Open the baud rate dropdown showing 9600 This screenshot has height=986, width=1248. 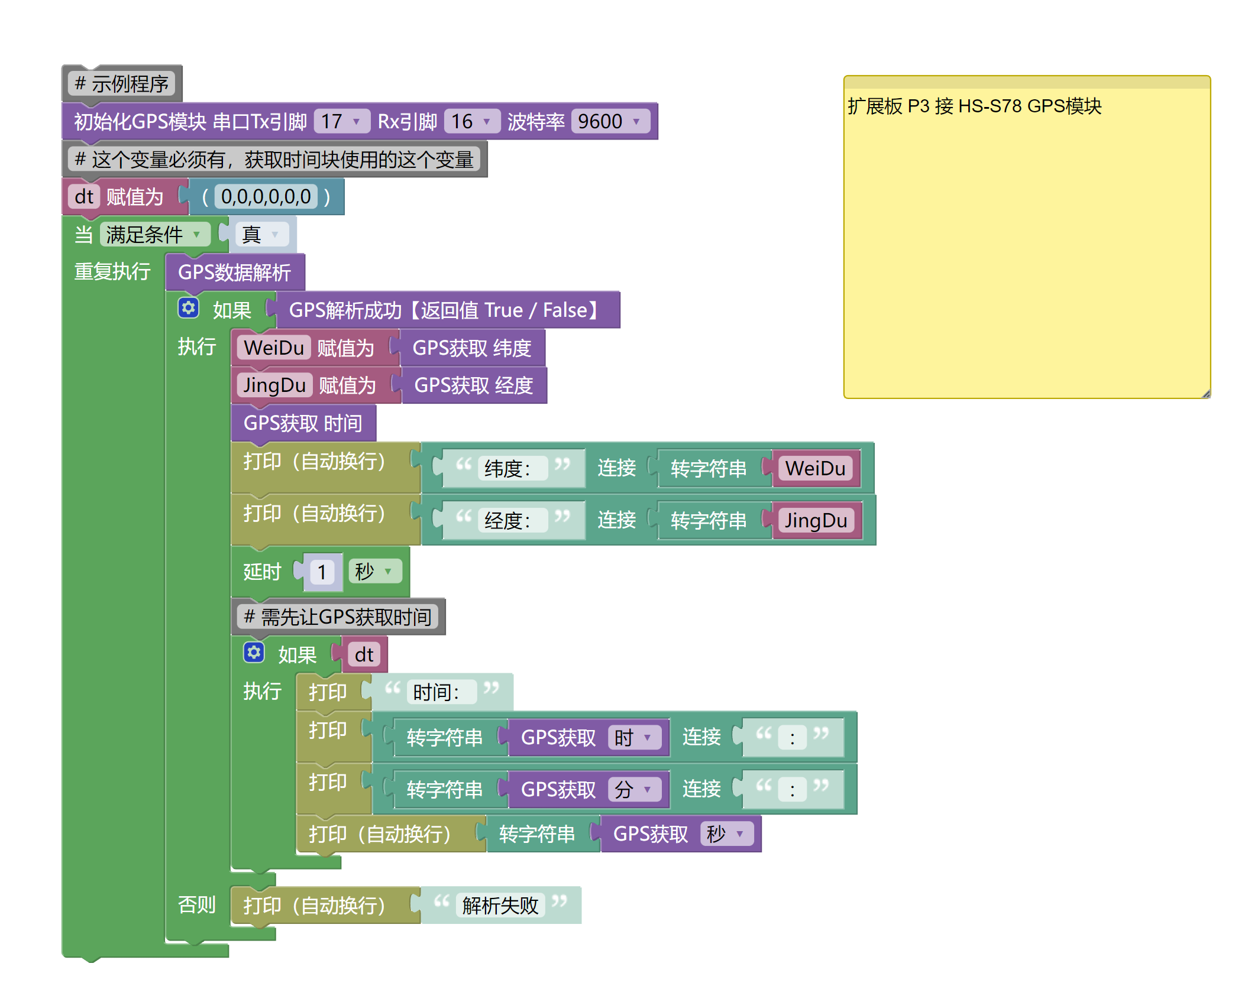[x=610, y=122]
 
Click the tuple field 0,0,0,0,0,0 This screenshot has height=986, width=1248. [x=266, y=197]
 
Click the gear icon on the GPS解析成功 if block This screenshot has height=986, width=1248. [x=189, y=308]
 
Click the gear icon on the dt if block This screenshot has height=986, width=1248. [x=254, y=653]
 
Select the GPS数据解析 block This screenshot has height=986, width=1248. [x=235, y=273]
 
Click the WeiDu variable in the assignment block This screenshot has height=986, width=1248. [x=274, y=348]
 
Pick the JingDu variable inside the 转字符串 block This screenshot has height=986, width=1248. [x=816, y=521]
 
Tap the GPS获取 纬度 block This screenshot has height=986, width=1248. [x=471, y=348]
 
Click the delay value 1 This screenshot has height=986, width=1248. [x=322, y=572]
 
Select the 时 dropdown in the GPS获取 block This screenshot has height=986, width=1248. [x=633, y=738]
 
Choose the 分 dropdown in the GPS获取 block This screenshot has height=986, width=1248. [x=633, y=790]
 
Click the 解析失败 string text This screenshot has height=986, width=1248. [x=500, y=906]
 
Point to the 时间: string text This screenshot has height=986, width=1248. [x=436, y=692]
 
